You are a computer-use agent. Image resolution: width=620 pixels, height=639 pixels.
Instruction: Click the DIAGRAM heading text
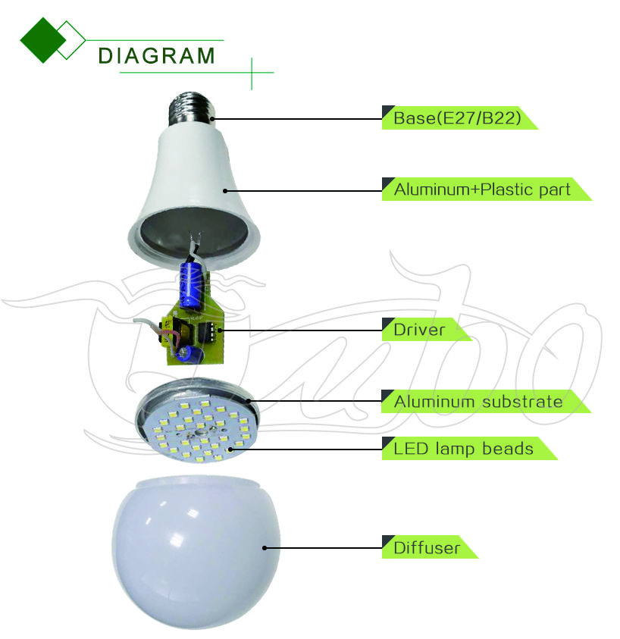156,56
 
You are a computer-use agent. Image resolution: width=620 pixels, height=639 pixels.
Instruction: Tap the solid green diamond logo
42,40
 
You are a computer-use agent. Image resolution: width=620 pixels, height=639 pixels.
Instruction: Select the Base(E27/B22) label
457,118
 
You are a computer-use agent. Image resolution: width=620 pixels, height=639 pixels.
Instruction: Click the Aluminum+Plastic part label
482,190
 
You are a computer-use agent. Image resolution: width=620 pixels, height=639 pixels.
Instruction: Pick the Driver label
419,330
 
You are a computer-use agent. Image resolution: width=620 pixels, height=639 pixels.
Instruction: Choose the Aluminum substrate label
478,402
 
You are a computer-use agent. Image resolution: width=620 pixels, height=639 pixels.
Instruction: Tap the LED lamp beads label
463,449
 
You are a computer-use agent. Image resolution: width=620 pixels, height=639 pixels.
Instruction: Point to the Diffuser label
427,548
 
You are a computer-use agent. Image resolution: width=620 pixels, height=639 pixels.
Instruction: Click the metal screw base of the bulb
192,108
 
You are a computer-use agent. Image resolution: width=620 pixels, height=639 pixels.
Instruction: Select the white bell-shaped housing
193,196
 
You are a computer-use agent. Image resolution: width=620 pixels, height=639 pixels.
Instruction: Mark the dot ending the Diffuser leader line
265,548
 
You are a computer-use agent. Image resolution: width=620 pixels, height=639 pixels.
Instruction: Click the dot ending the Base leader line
213,119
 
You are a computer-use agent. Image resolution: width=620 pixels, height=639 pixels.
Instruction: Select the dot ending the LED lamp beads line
230,449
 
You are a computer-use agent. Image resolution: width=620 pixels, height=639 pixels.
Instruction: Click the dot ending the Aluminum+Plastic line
225,191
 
